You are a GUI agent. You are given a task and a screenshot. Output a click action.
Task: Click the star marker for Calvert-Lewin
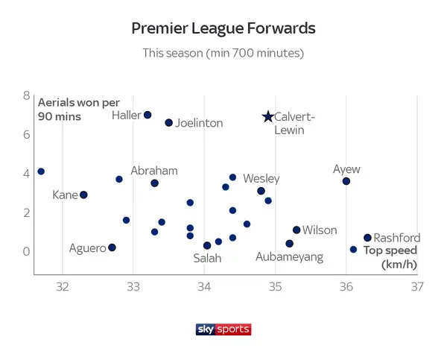click(x=268, y=116)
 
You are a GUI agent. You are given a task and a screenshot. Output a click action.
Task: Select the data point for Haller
click(x=148, y=115)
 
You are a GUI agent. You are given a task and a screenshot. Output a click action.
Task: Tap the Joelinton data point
click(x=168, y=122)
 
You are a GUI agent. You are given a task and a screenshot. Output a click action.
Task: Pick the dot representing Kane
click(x=83, y=195)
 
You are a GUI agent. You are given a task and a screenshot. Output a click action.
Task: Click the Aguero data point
click(x=112, y=247)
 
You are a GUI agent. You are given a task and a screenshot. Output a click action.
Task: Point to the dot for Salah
click(x=207, y=245)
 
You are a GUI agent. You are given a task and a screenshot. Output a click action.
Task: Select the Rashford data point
click(x=367, y=238)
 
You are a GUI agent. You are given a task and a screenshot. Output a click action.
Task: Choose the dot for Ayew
click(x=346, y=181)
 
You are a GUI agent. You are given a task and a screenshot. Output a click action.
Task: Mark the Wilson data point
click(x=297, y=230)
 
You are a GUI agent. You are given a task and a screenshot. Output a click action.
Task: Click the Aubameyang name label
click(x=289, y=257)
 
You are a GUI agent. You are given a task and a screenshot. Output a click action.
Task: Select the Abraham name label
click(x=154, y=171)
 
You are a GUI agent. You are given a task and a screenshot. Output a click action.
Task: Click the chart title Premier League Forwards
click(x=223, y=28)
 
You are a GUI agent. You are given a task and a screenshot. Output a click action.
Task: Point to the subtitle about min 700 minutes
click(x=223, y=54)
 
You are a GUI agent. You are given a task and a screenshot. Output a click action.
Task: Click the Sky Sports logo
click(x=223, y=329)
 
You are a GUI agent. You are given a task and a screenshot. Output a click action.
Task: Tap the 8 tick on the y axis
click(x=26, y=96)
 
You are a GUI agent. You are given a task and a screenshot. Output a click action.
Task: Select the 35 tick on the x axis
click(x=276, y=287)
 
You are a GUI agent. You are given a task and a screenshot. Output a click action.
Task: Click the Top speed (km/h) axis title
click(x=390, y=257)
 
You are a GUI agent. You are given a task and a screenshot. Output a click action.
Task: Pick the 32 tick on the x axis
click(x=63, y=287)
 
